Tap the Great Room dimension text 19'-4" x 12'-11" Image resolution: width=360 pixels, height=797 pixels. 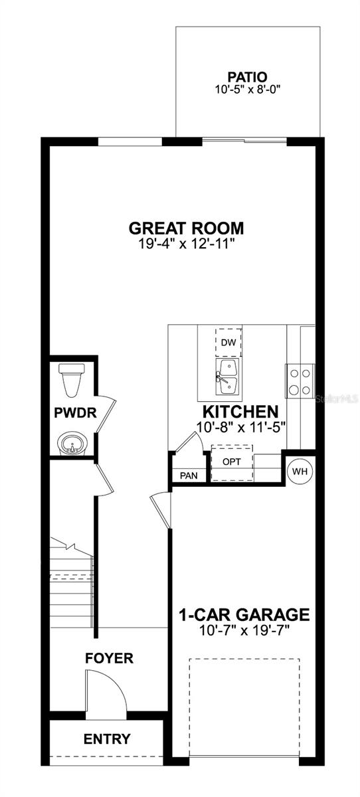[x=187, y=244]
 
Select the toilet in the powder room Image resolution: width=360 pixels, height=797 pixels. [x=69, y=379]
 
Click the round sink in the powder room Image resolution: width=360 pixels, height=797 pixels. [x=72, y=442]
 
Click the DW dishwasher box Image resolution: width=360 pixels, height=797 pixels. [x=228, y=343]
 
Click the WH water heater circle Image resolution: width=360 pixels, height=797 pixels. [x=300, y=472]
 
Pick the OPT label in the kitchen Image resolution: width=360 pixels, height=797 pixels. [x=232, y=461]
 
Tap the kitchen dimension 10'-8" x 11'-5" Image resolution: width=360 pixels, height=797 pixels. [x=240, y=428]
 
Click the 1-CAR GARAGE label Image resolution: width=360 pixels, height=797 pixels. [x=244, y=614]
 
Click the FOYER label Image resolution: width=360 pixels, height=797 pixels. [x=110, y=658]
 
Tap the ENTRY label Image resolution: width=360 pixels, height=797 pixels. [x=107, y=739]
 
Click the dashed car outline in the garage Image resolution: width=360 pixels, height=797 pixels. [x=244, y=707]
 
